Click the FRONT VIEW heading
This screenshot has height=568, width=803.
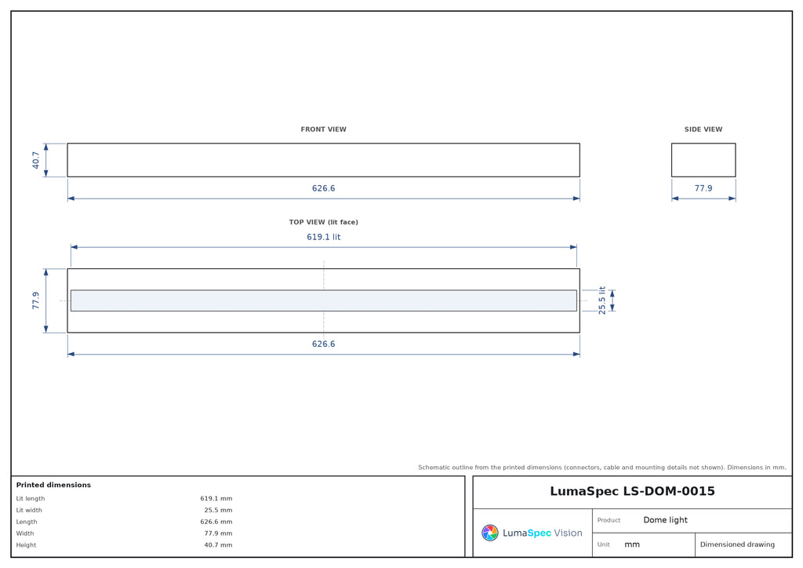pos(323,129)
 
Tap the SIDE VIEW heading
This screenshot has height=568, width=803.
pos(703,129)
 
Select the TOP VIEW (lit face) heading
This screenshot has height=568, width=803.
pos(323,222)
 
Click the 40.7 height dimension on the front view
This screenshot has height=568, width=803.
pos(35,160)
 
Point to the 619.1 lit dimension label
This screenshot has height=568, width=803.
pos(323,237)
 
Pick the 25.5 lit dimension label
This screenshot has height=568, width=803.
pos(601,300)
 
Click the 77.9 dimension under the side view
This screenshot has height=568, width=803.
pos(703,188)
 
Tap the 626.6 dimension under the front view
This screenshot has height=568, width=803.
pos(323,188)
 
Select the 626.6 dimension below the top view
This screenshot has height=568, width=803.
pos(323,344)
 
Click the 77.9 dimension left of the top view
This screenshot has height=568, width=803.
pos(35,300)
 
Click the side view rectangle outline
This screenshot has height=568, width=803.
pos(671,160)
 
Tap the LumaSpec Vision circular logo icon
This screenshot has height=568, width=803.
pos(490,533)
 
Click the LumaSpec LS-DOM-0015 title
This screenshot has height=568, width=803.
pos(632,491)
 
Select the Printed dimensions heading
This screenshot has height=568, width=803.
pos(53,485)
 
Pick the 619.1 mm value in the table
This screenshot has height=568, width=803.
pos(216,498)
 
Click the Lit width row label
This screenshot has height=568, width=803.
pos(29,510)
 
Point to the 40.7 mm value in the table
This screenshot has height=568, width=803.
pos(218,545)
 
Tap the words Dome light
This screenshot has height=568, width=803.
pos(665,520)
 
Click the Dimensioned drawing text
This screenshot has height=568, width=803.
pos(737,544)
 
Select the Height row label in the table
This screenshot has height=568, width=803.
pos(26,545)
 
